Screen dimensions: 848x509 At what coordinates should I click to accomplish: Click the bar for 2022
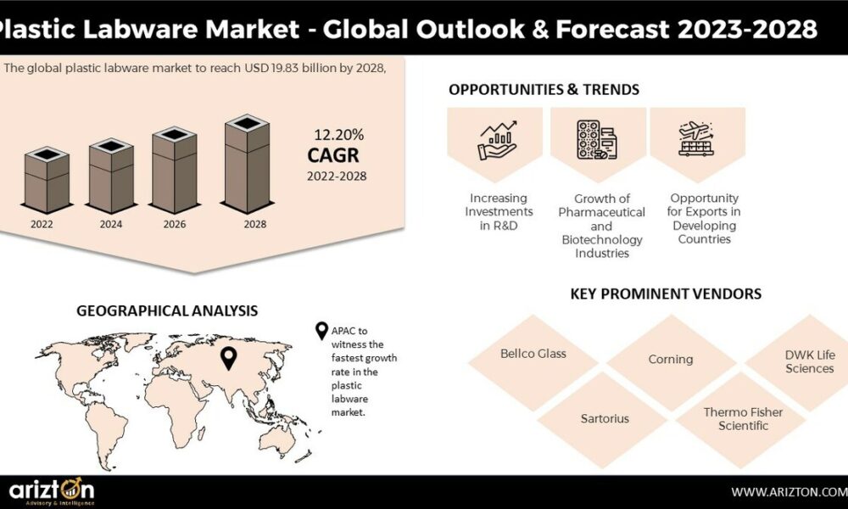pyautogui.click(x=47, y=180)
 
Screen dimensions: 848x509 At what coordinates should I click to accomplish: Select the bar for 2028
pyautogui.click(x=247, y=164)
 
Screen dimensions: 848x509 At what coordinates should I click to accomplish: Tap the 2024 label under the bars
pyautogui.click(x=111, y=224)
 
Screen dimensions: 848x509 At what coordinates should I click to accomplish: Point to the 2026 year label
pyautogui.click(x=175, y=224)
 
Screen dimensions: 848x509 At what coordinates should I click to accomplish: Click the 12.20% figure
pyautogui.click(x=339, y=135)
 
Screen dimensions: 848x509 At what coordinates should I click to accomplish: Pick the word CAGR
pyautogui.click(x=333, y=155)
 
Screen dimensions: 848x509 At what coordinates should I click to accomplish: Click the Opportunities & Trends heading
pyautogui.click(x=544, y=89)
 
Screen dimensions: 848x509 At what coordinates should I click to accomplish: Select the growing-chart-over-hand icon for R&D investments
pyautogui.click(x=498, y=140)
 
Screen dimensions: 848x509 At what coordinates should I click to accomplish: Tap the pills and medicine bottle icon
pyautogui.click(x=597, y=140)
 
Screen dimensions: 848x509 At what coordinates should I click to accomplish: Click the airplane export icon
pyautogui.click(x=696, y=139)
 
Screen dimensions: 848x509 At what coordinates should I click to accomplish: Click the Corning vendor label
pyautogui.click(x=671, y=360)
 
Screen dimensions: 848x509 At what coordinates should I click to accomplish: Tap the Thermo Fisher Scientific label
pyautogui.click(x=743, y=419)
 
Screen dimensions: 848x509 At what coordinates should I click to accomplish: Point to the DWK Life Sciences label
pyautogui.click(x=810, y=362)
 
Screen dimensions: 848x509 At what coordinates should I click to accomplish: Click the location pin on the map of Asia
pyautogui.click(x=229, y=358)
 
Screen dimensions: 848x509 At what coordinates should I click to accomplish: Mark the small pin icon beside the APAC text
pyautogui.click(x=321, y=331)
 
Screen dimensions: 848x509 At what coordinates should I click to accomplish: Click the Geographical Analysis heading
pyautogui.click(x=167, y=311)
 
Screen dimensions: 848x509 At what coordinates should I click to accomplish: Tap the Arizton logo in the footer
pyautogui.click(x=52, y=491)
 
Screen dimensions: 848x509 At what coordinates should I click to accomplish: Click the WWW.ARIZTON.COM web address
pyautogui.click(x=789, y=492)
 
